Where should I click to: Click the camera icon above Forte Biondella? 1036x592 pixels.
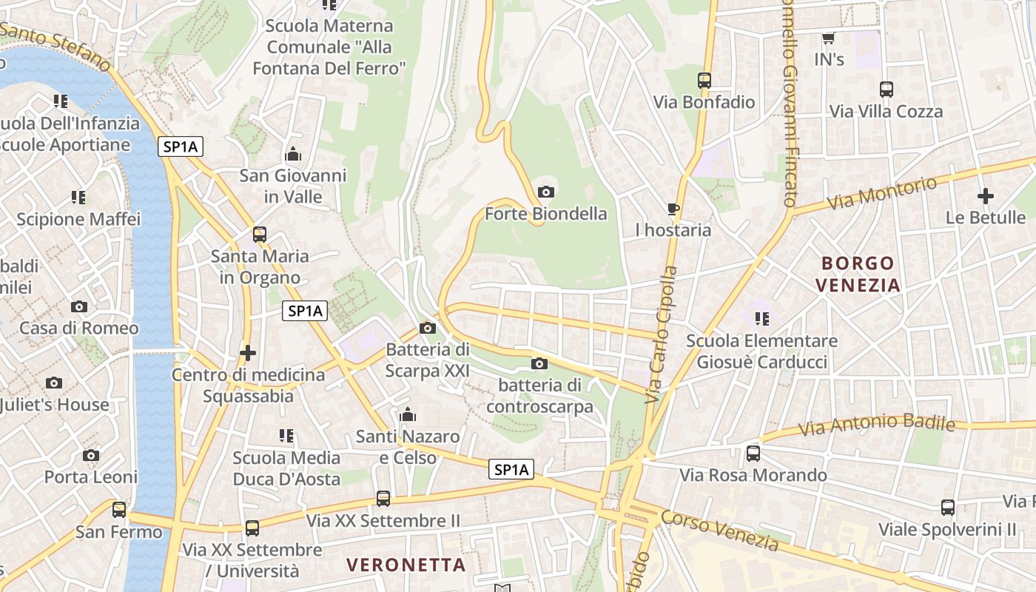coord(546,192)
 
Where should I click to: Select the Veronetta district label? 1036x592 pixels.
coord(406,565)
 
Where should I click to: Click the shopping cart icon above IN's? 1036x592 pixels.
coord(829,38)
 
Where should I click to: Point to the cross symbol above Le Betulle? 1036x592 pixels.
coord(985,196)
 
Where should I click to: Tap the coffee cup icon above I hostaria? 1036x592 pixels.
coord(673,209)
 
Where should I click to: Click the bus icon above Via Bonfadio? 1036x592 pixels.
coord(704,81)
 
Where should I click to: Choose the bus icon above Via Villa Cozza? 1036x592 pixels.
coord(886,90)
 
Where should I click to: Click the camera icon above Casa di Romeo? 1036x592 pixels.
coord(78,306)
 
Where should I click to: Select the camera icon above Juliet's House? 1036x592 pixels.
coord(53,383)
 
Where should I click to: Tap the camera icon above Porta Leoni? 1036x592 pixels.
coord(90,455)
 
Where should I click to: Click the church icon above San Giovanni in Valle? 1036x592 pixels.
coord(293,155)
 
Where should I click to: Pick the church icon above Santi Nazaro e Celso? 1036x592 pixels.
coord(407,415)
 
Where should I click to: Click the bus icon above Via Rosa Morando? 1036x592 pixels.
coord(753,453)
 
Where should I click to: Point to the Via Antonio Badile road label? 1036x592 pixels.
coord(877,425)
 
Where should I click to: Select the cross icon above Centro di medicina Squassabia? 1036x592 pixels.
coord(248,353)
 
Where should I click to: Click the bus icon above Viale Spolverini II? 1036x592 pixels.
coord(947,508)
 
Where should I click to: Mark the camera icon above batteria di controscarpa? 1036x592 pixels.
coord(539,363)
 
